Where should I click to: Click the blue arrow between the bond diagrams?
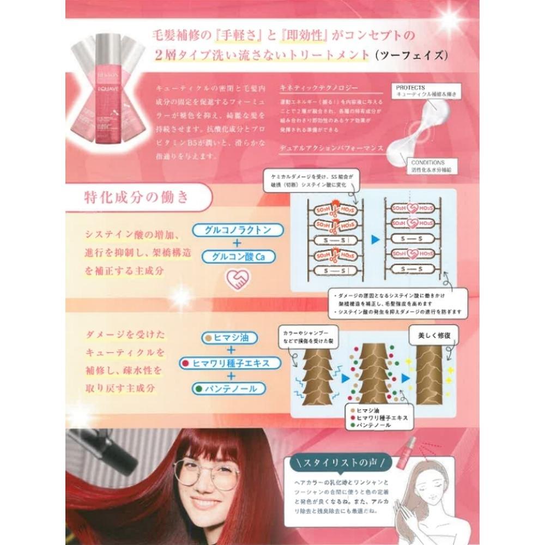(374, 239)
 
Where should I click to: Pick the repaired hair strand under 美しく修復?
(429, 376)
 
